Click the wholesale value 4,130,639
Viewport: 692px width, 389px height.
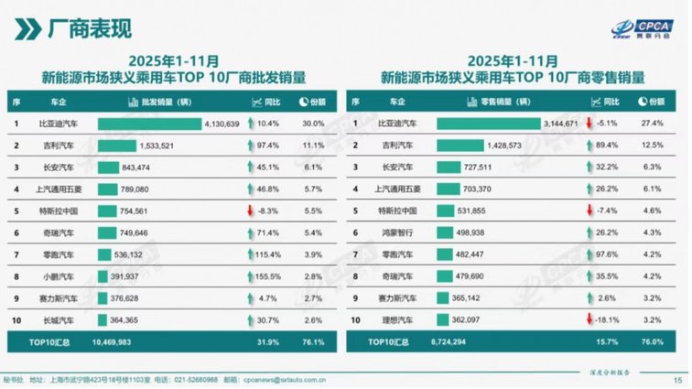(x=221, y=124)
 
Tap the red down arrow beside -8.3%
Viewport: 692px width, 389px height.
(x=249, y=209)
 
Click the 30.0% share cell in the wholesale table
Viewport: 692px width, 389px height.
(x=313, y=124)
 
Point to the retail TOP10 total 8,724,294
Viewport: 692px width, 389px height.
(x=455, y=342)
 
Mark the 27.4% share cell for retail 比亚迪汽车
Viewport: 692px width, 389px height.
(x=652, y=124)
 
